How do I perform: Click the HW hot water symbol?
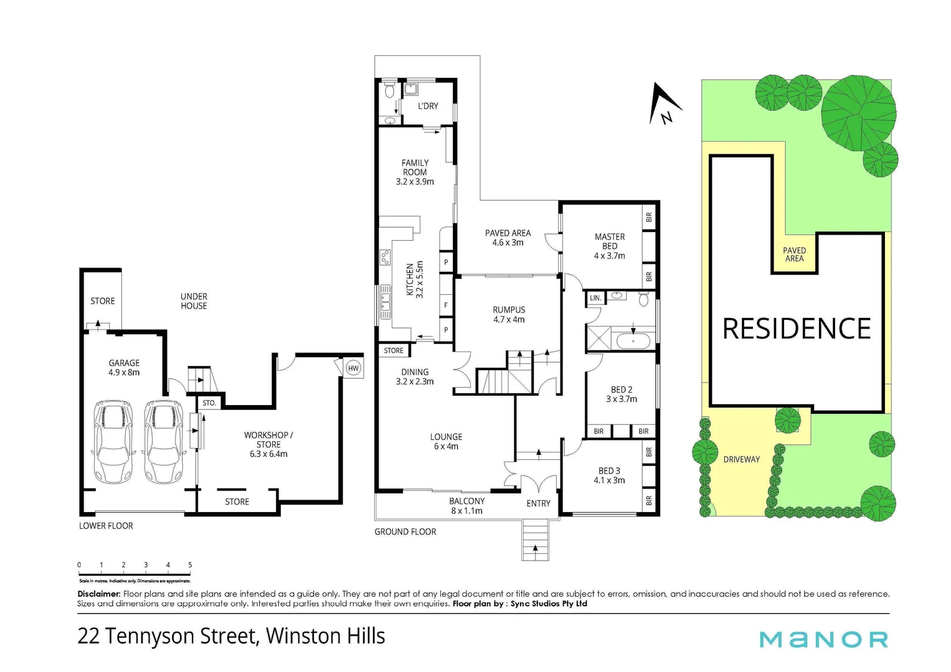pos(353,368)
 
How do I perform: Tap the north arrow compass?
pos(664,103)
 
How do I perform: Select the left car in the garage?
pos(113,442)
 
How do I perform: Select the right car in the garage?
pos(164,442)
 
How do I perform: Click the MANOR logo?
pos(823,639)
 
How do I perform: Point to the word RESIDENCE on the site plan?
pos(797,329)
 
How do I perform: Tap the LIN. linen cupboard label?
pos(595,298)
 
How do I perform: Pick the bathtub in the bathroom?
pos(633,341)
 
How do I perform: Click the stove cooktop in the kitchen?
pos(386,257)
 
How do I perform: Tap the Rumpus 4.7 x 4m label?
pos(509,314)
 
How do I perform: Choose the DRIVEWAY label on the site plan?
pos(741,459)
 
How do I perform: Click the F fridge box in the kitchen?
pos(446,306)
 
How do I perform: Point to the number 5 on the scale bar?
pos(190,565)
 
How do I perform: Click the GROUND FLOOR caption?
pos(405,531)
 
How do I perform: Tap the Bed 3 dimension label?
pos(609,480)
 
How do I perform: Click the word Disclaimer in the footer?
pos(98,594)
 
